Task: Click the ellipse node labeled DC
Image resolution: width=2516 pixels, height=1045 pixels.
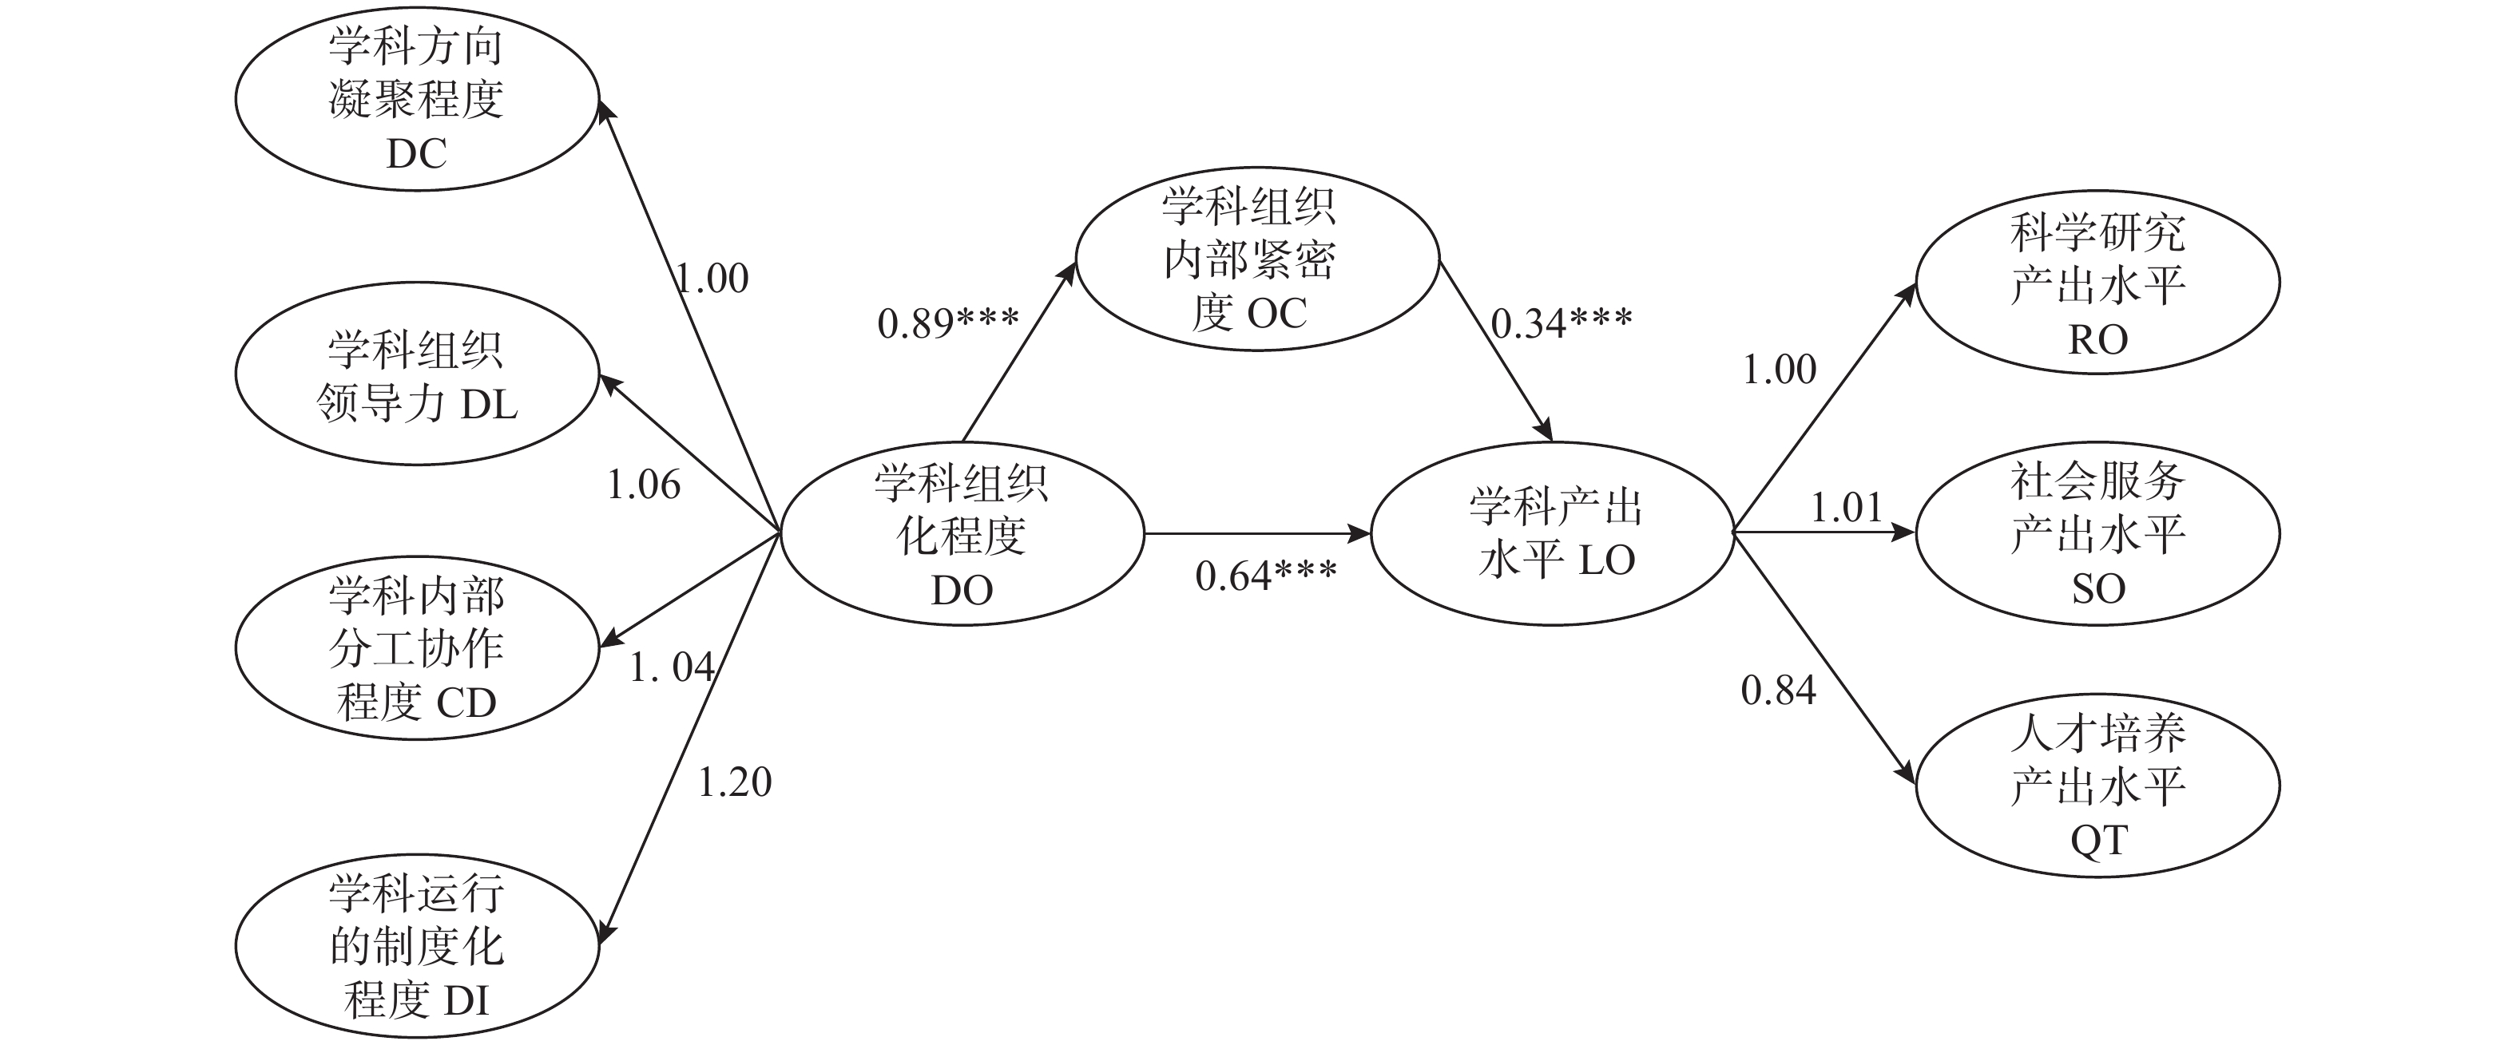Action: point(416,100)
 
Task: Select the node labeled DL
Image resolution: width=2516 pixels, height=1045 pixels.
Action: point(416,374)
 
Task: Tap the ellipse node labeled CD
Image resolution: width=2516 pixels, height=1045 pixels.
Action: point(416,648)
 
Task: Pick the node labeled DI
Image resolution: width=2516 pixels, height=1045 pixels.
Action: point(416,945)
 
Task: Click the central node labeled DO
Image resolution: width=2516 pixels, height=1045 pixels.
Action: point(962,534)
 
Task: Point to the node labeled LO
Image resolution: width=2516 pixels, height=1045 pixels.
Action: point(1553,533)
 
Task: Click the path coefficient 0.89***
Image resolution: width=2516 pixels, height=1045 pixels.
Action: point(947,323)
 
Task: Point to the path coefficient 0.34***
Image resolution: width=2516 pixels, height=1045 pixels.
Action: point(1561,323)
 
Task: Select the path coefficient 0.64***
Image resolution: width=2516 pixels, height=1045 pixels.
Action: point(1266,576)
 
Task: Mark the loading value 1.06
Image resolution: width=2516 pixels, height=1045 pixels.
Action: point(644,485)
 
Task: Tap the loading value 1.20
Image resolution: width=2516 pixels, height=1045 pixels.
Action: point(735,782)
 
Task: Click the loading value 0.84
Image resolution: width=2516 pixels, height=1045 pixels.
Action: point(1779,691)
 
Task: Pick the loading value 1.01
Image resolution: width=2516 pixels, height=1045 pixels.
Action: point(1847,508)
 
